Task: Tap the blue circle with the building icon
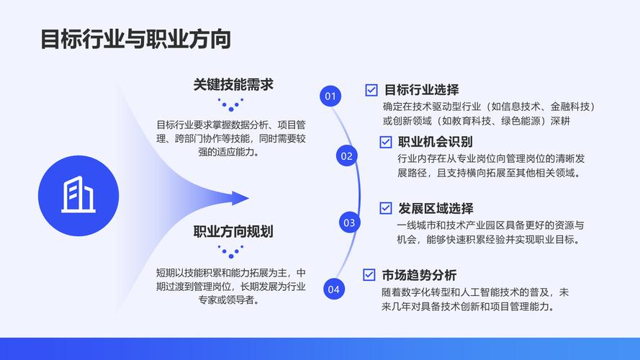pyautogui.click(x=78, y=195)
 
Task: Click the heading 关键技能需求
pyautogui.click(x=233, y=84)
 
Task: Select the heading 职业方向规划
pyautogui.click(x=233, y=232)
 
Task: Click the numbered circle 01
pyautogui.click(x=330, y=96)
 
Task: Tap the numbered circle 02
pyautogui.click(x=347, y=156)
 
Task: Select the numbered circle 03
pyautogui.click(x=349, y=222)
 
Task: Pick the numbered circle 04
pyautogui.click(x=333, y=289)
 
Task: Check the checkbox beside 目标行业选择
pyautogui.click(x=371, y=90)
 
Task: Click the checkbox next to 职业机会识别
pyautogui.click(x=386, y=142)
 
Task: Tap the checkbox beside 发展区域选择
pyautogui.click(x=386, y=209)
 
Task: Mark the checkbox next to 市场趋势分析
pyautogui.click(x=369, y=275)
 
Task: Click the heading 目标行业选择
pyautogui.click(x=421, y=90)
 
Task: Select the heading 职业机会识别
pyautogui.click(x=436, y=142)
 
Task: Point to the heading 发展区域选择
pyautogui.click(x=436, y=209)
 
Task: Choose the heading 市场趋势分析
pyautogui.click(x=419, y=275)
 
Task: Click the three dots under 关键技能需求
pyautogui.click(x=232, y=104)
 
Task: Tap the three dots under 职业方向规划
pyautogui.click(x=232, y=252)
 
